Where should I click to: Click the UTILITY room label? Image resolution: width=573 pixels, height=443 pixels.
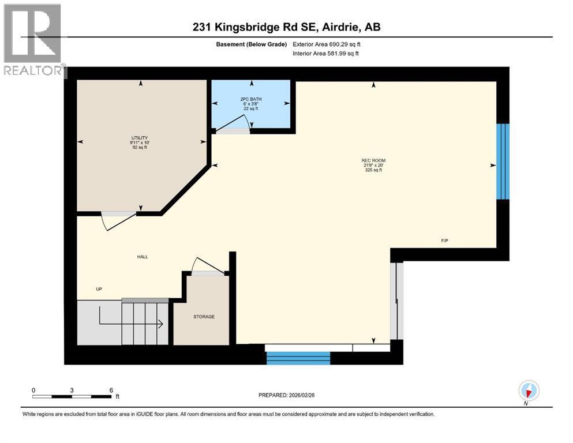tap(139, 138)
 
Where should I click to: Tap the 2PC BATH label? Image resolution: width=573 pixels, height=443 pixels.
tap(250, 99)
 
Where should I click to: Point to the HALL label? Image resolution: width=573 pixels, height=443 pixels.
tap(143, 257)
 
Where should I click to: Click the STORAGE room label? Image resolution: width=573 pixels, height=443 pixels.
tap(204, 317)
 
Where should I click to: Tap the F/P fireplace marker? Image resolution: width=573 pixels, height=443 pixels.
tap(444, 241)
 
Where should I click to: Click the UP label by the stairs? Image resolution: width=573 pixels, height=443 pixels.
tap(99, 290)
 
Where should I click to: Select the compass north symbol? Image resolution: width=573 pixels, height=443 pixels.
tap(529, 391)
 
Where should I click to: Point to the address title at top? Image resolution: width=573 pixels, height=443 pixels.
tap(286, 27)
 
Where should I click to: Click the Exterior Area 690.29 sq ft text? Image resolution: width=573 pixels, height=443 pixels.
tap(326, 44)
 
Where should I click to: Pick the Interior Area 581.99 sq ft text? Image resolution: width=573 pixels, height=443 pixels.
tap(325, 54)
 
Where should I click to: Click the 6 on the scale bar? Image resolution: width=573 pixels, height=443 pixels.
tap(110, 390)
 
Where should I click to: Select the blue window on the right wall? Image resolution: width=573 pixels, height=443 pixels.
tap(503, 161)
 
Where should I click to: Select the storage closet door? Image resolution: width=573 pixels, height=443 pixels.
tap(208, 266)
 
